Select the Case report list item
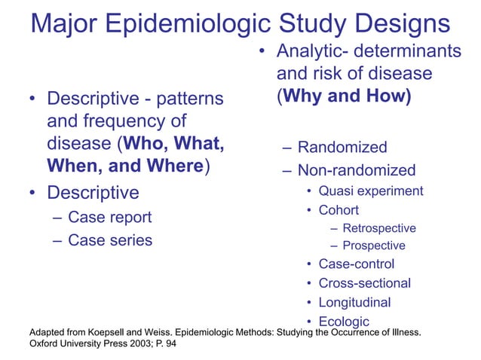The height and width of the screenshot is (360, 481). coord(109,218)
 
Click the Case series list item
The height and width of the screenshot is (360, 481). coord(110,240)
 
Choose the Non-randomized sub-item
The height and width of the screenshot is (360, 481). coord(356,170)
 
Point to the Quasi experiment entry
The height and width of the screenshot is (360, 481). coord(370,191)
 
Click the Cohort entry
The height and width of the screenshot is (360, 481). coord(339,210)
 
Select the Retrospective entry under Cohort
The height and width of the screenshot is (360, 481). coord(378,228)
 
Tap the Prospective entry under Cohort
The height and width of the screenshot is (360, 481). coord(373,246)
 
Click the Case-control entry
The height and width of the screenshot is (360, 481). coord(356,264)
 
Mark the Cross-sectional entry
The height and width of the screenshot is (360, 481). coord(364,284)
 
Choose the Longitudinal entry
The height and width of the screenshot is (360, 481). coord(354,303)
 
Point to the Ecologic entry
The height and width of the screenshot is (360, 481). coord(344,322)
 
